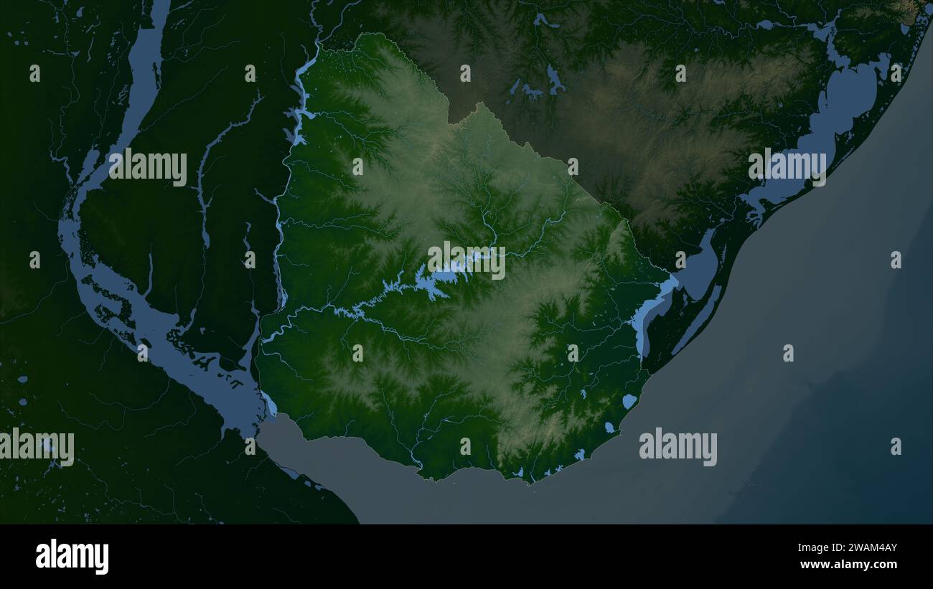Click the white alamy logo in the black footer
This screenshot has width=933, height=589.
pos(72,557)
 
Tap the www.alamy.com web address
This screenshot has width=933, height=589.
pos(848,565)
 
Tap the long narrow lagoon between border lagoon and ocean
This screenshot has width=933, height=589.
pos(700,316)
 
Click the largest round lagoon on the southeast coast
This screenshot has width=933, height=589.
pos(629,401)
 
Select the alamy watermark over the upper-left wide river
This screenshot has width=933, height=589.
pos(148,166)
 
